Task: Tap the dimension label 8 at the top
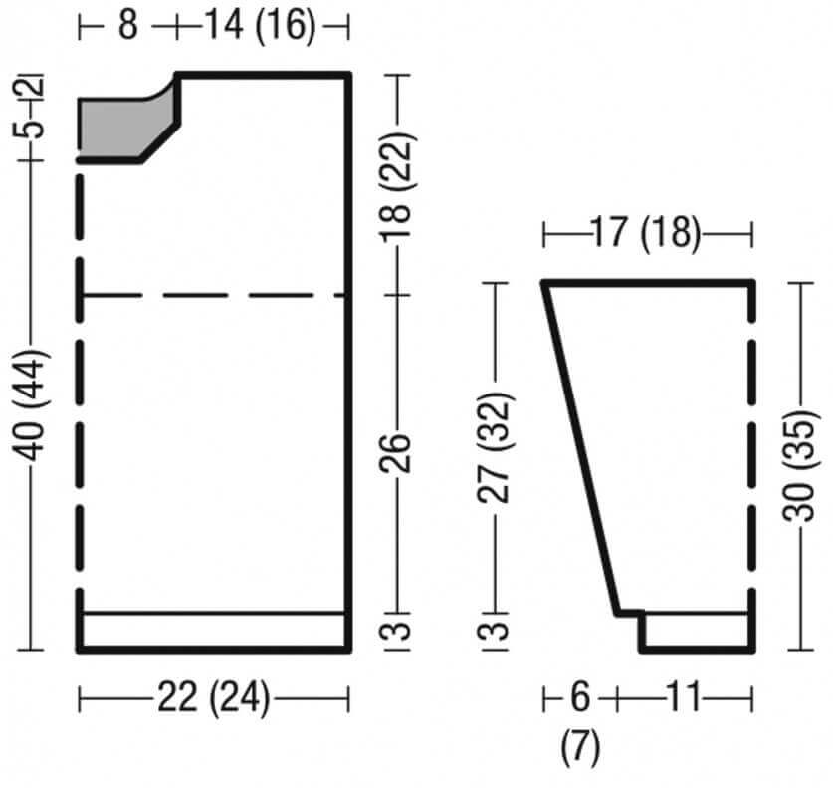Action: tap(128, 25)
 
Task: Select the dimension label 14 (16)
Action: tap(260, 25)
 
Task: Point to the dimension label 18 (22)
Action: tap(397, 187)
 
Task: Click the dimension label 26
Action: tap(395, 452)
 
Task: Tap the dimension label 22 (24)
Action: tap(214, 697)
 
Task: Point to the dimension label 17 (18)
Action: tap(646, 233)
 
